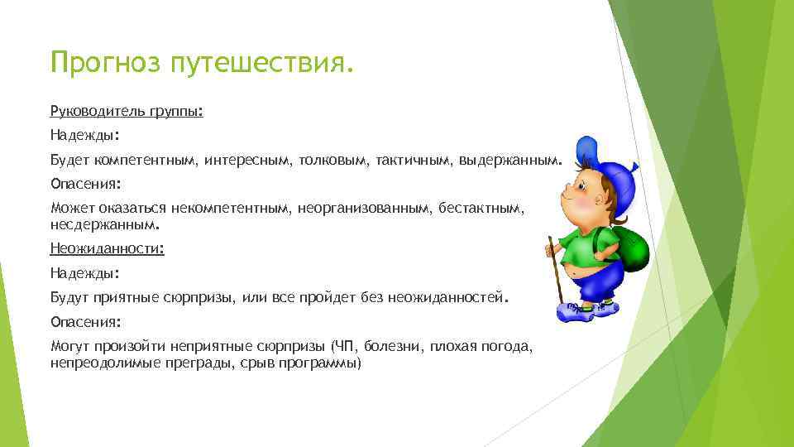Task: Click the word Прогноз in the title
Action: [105, 62]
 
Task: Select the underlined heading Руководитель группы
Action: [126, 110]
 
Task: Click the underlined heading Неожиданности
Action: [107, 248]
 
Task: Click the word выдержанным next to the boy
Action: [509, 158]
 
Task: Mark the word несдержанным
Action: [104, 224]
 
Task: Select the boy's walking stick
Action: [554, 273]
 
